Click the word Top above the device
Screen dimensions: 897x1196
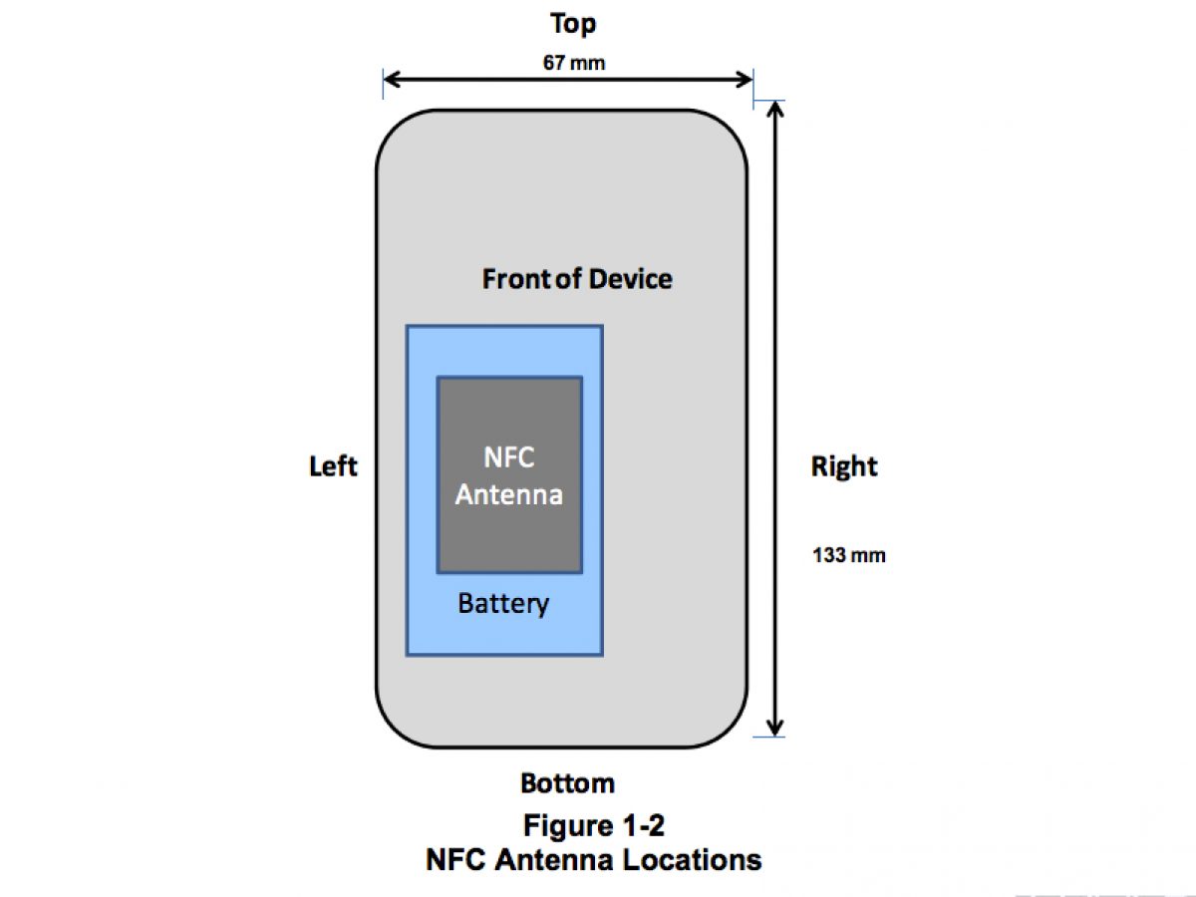click(573, 24)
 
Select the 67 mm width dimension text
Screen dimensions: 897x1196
click(573, 63)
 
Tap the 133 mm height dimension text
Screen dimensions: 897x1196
click(849, 555)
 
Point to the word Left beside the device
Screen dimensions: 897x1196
click(333, 466)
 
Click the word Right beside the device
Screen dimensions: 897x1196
click(844, 466)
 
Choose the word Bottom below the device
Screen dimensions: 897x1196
click(567, 783)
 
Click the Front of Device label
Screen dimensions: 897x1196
click(577, 279)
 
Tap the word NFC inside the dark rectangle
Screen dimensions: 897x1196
click(508, 457)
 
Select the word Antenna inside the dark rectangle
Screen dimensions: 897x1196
click(508, 494)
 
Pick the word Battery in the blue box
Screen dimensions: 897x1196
click(503, 603)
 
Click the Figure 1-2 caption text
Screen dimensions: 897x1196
click(594, 826)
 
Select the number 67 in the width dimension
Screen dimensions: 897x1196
click(555, 63)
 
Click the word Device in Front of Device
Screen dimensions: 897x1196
click(630, 279)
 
